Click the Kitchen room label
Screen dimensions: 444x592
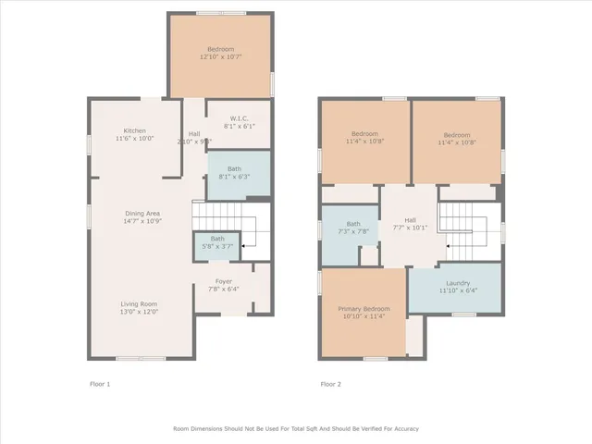coord(135,129)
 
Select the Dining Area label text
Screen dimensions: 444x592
coord(143,214)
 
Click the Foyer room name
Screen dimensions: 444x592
coord(224,280)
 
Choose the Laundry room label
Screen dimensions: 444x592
coord(458,283)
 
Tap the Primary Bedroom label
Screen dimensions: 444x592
coord(364,308)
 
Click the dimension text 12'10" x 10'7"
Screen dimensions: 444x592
coord(220,57)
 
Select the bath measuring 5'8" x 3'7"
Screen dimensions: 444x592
coord(215,242)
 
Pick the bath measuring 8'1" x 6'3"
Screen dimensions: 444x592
coord(235,172)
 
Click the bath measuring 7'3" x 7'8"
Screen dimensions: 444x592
coord(352,228)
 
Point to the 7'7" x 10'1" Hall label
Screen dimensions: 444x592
coord(410,223)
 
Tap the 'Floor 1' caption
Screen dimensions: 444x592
coord(99,383)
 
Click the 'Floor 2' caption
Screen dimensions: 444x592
coord(331,383)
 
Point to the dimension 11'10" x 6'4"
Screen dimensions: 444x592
coord(458,291)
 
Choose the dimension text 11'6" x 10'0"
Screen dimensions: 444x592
coord(135,138)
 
